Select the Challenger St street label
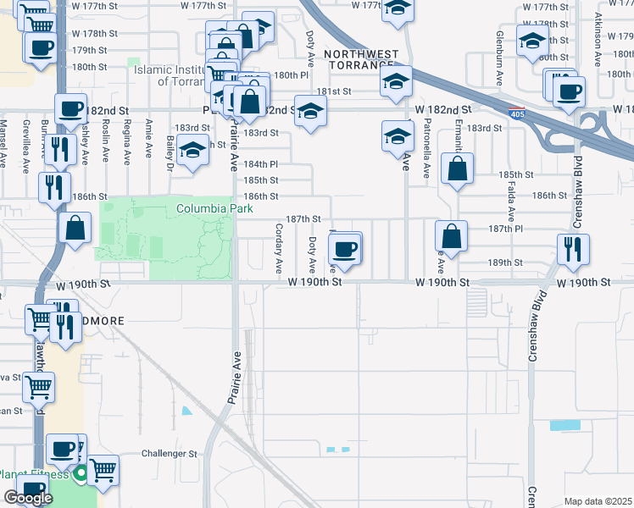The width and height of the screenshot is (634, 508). (x=168, y=454)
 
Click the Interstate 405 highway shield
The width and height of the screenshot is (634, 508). (x=516, y=113)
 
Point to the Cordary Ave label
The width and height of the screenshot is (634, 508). (x=279, y=247)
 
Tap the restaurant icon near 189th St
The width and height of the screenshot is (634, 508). (x=573, y=249)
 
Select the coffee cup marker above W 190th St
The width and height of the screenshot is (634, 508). (x=345, y=248)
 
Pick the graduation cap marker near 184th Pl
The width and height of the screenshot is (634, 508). (x=193, y=151)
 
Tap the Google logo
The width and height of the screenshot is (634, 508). (x=28, y=498)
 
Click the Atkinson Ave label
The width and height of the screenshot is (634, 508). (x=598, y=37)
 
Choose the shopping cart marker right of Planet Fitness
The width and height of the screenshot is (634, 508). (x=103, y=470)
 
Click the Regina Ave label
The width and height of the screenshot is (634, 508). (x=127, y=139)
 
